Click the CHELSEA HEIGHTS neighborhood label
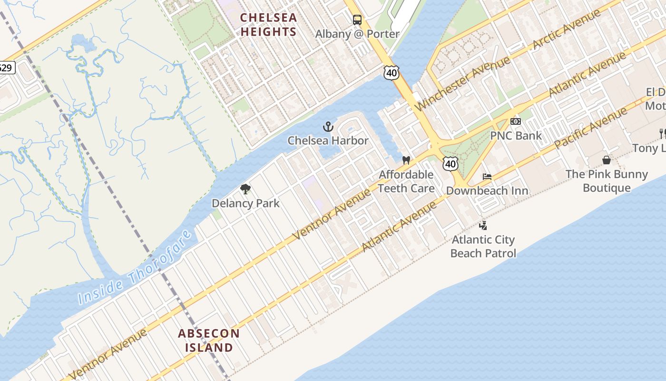tap(268, 25)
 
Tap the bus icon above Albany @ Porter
tap(357, 20)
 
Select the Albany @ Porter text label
tap(357, 34)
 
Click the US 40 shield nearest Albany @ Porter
tap(391, 73)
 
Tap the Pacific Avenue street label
tap(590, 128)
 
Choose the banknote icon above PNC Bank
tap(516, 121)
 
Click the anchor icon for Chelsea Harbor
tap(328, 127)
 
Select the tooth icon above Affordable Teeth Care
tap(406, 160)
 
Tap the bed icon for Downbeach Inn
tap(487, 177)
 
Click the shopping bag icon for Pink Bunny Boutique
tap(607, 160)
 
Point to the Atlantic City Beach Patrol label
tap(483, 246)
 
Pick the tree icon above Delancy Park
tap(245, 189)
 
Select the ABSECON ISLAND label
tap(209, 340)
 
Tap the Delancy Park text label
tap(245, 203)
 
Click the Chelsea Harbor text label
tap(328, 140)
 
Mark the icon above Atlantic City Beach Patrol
tap(483, 225)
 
